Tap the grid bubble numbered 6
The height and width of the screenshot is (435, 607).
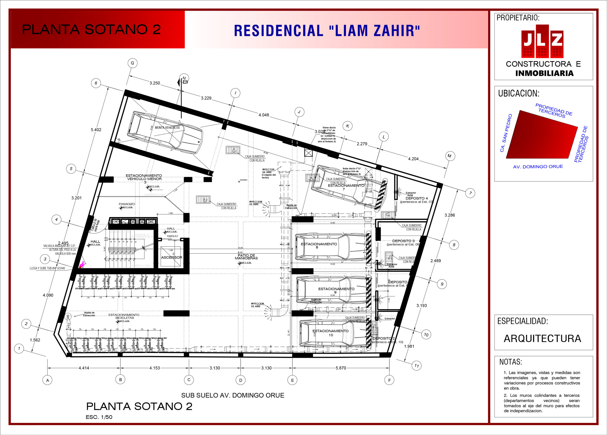coord(96,83)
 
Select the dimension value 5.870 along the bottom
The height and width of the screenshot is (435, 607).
coord(341,368)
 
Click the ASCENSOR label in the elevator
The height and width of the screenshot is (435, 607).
coord(172,257)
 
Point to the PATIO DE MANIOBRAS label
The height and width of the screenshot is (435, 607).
coord(246,257)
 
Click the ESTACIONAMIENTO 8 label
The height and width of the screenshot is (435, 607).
coord(319,245)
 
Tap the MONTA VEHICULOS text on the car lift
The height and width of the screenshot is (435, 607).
coord(167,128)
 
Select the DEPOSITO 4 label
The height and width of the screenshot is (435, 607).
coord(416,198)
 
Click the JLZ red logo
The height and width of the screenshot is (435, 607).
coord(542,41)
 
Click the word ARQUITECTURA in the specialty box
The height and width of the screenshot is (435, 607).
coord(542,338)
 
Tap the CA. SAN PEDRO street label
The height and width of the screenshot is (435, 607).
coord(506,133)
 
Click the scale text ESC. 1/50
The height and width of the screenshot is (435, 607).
coord(99,417)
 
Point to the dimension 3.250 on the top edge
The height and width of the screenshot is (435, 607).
coord(155,83)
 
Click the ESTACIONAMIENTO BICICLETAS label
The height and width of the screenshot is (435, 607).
coord(124,316)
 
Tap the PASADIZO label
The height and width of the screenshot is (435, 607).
coord(127,204)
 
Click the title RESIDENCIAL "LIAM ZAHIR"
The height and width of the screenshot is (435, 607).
coord(327,31)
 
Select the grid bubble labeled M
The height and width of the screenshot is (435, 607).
coord(449,156)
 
